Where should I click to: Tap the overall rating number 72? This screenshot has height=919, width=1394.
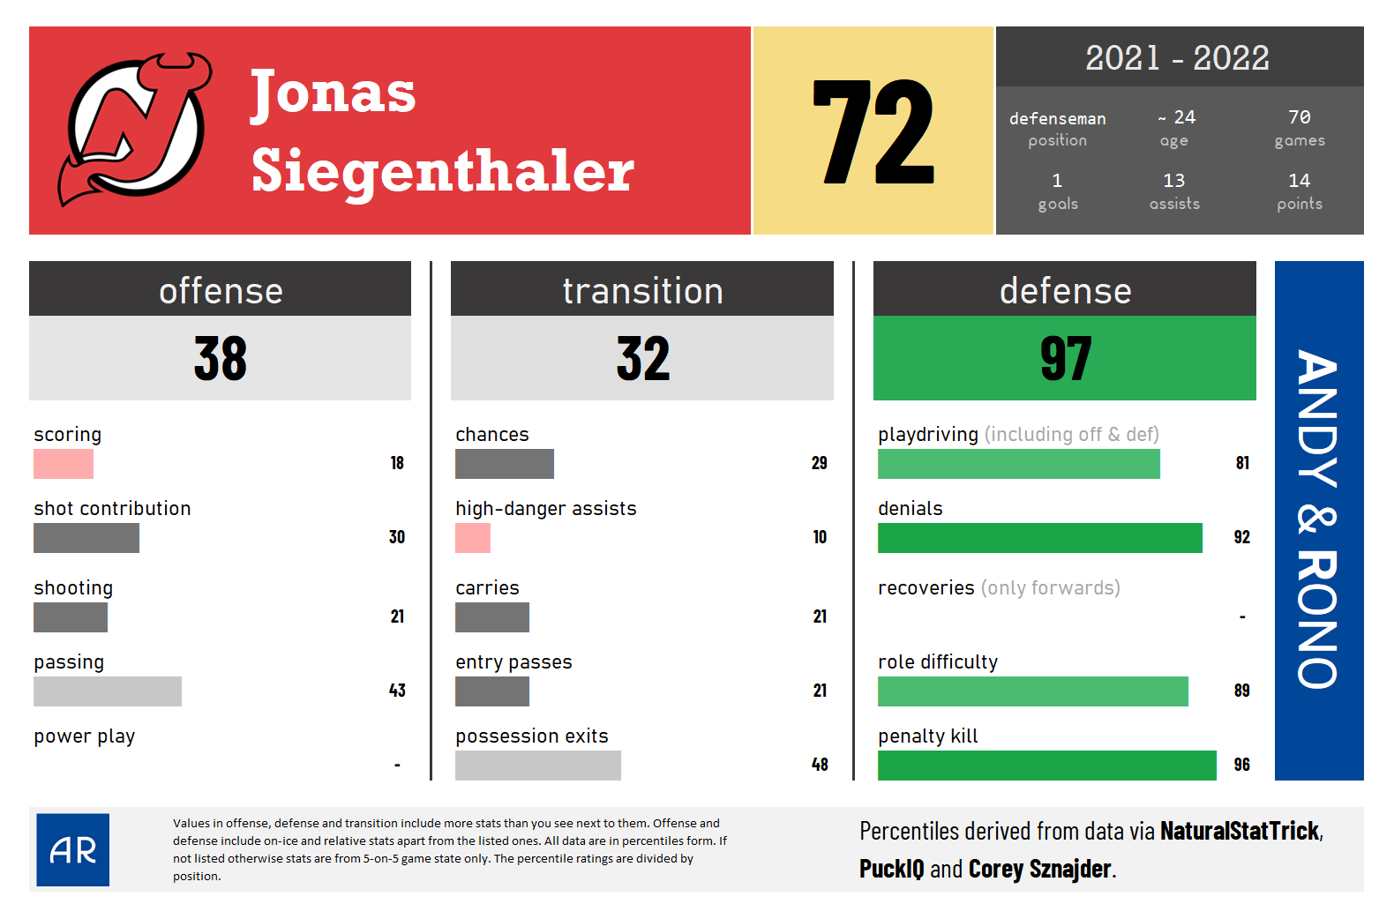coord(873,132)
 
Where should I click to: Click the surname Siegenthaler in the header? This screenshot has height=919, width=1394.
coord(442,171)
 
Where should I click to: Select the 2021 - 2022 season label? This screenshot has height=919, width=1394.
coord(1177,58)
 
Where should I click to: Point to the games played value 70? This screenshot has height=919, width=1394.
coord(1299,117)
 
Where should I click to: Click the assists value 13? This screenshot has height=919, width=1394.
coord(1173,181)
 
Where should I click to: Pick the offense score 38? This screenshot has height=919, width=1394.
coord(221,359)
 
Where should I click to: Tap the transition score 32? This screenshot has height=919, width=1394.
coord(642,359)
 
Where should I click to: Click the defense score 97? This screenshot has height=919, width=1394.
coord(1065,359)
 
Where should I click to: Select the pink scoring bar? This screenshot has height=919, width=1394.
coord(64,464)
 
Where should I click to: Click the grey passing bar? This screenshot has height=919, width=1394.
coord(108,691)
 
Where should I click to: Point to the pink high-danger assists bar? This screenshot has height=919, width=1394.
coord(473,538)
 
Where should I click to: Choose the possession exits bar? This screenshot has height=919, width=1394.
coord(538,766)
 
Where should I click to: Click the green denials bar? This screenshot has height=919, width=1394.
coord(1039,538)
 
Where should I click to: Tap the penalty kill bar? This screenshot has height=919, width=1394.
coord(1046,766)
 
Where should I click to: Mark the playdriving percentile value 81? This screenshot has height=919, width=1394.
coord(1242,463)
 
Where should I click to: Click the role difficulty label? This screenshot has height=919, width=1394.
coord(938,662)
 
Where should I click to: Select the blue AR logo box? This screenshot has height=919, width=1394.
coord(73,849)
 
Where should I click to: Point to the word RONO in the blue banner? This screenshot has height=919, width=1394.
coord(1317,619)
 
